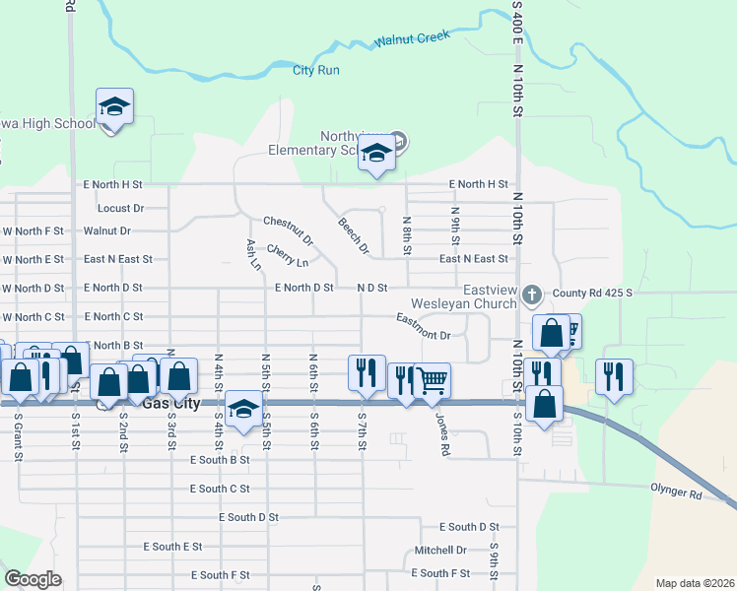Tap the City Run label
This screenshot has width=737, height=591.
pos(316,70)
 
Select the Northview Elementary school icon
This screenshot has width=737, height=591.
pos(375,154)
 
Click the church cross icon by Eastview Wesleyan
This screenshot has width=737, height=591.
pos(532,294)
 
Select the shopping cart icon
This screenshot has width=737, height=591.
pos(432,379)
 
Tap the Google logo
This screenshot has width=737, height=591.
pos(33,579)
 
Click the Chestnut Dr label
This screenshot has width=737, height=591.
pos(289,230)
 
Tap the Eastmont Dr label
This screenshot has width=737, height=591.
pos(424,327)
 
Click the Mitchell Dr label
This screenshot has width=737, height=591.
pos(439,550)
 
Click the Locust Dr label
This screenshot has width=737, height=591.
pos(120,208)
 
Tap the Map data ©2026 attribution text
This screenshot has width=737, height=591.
pos(695,583)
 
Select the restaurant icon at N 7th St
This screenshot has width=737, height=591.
pos(366,371)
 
